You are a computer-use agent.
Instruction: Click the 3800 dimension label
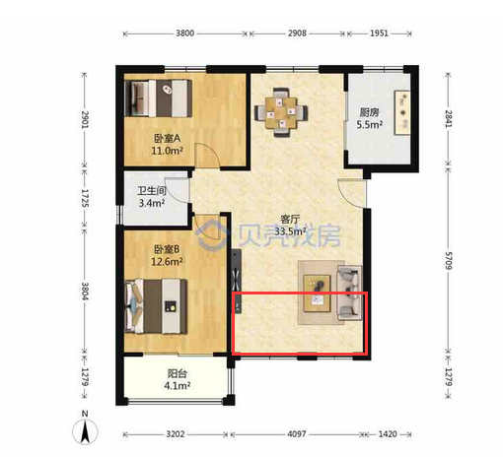(184, 33)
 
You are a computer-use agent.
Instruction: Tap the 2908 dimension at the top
(297, 33)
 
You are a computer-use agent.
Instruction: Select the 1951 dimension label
(379, 33)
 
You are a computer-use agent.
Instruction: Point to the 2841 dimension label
(449, 119)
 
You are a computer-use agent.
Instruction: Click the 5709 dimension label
(449, 261)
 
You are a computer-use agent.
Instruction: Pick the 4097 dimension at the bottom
(297, 434)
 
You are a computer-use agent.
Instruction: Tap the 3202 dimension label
(175, 434)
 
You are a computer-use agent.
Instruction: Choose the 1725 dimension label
(85, 198)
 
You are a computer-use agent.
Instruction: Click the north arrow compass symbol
(85, 431)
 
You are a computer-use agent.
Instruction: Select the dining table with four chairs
(281, 112)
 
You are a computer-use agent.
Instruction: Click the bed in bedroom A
(159, 98)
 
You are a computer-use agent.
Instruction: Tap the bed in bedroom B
(156, 306)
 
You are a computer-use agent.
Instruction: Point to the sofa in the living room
(350, 294)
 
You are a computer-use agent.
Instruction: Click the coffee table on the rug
(317, 294)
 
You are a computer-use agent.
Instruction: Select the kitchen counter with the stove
(402, 112)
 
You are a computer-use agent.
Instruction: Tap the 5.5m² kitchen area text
(370, 125)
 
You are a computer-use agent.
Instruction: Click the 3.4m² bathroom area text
(152, 203)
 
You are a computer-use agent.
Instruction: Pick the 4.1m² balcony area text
(178, 386)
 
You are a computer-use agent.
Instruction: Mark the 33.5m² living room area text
(290, 231)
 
